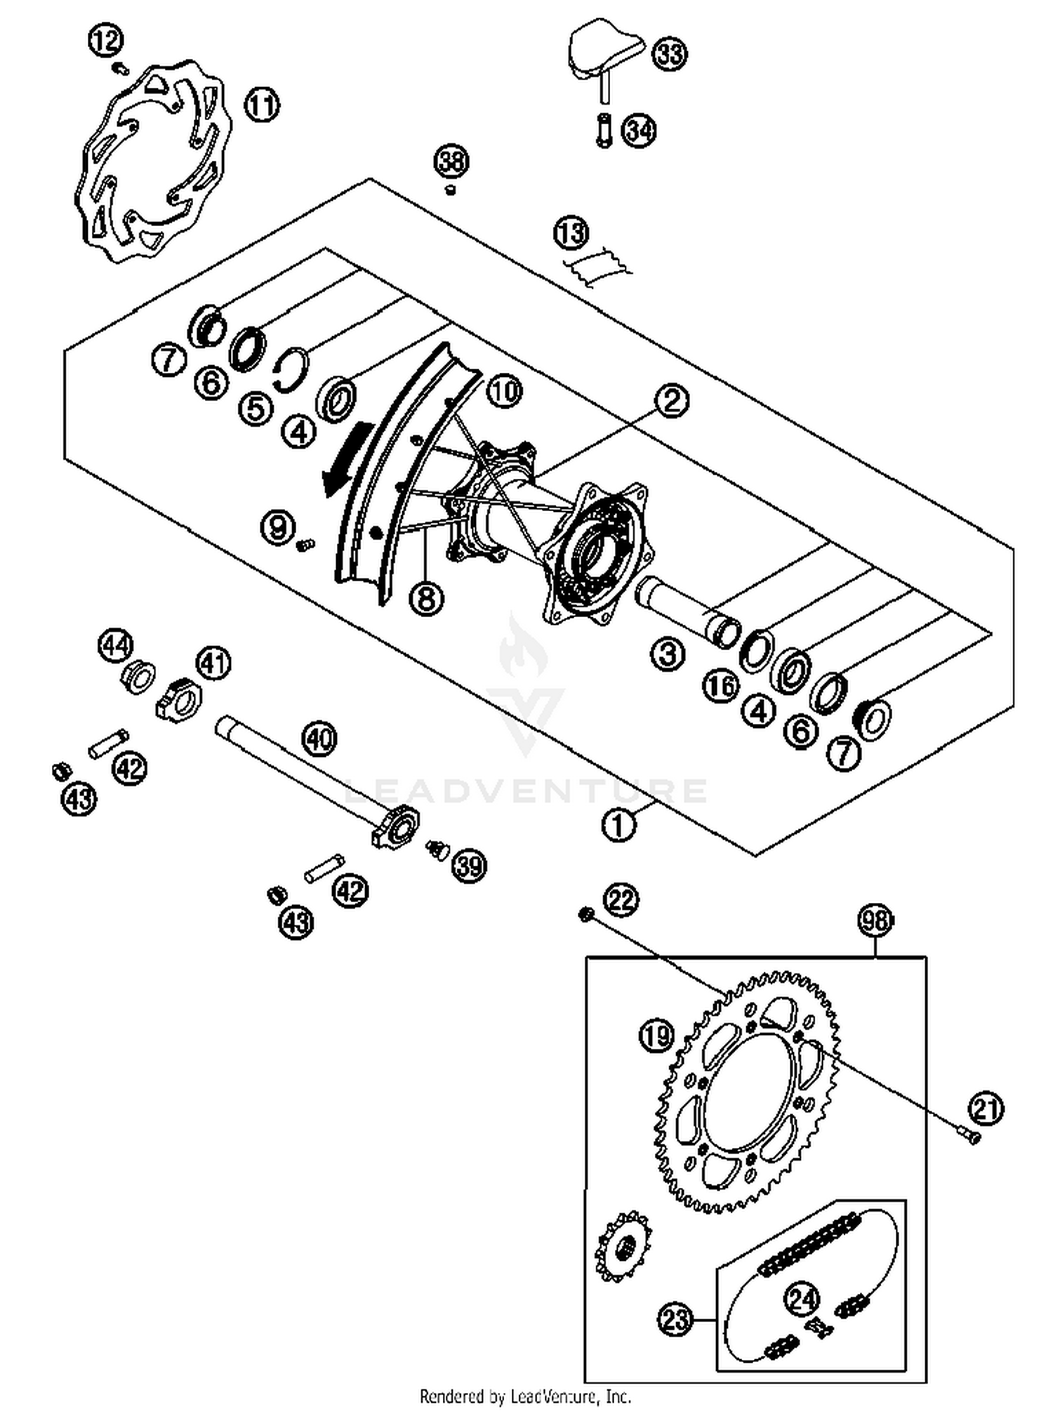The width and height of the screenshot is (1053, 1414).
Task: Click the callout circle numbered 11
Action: (x=262, y=105)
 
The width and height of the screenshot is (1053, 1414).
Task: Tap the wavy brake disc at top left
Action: (x=151, y=161)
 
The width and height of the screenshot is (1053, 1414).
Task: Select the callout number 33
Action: (x=670, y=53)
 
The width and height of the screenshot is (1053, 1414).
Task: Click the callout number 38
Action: (x=451, y=162)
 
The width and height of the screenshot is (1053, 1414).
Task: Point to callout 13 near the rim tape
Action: (x=571, y=232)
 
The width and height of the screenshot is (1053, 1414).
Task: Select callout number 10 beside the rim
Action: (x=503, y=391)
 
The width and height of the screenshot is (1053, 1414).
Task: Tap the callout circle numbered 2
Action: (x=672, y=401)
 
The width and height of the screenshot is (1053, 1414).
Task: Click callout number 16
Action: (x=721, y=686)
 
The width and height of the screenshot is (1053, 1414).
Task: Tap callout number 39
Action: (x=469, y=866)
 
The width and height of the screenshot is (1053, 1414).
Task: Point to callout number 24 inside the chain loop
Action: (x=802, y=1298)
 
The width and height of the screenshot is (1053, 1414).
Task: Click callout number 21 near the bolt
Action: (x=986, y=1109)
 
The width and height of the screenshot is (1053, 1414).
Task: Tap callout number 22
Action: (x=621, y=899)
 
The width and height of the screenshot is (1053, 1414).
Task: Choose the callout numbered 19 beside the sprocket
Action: (x=656, y=1035)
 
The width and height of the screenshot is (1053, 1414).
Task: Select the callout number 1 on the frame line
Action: (x=618, y=826)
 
